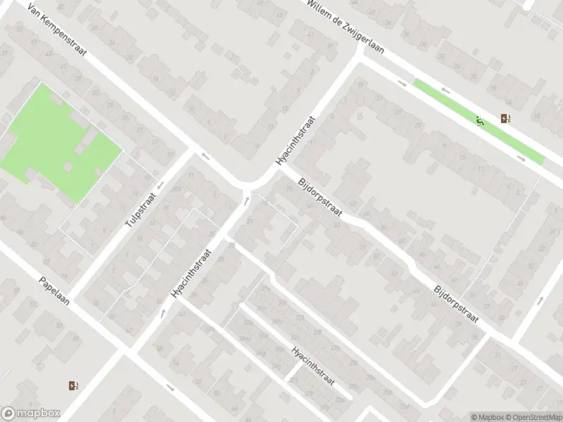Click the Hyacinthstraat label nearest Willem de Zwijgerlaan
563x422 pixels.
coord(296,141)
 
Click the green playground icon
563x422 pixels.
coord(480,122)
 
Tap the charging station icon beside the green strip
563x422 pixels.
coord(505,118)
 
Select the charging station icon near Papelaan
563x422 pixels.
coord(72,385)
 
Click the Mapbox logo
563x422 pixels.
coord(30,414)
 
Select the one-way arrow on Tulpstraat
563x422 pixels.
coord(161,186)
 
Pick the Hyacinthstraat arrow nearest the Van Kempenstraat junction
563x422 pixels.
coord(246,201)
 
